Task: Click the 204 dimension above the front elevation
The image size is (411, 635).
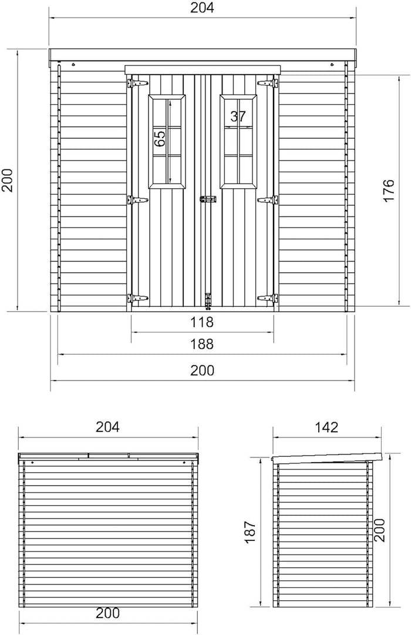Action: coord(202,8)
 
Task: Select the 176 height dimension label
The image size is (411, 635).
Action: coord(388,190)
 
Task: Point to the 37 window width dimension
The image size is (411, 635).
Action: coord(238,116)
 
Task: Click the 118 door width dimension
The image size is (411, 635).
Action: coord(202,322)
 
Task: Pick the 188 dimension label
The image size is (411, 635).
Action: coord(202,344)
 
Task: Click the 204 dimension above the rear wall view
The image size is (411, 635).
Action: coord(107,427)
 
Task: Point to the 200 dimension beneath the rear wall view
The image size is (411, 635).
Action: coord(107,613)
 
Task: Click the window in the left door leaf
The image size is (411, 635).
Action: coord(168,141)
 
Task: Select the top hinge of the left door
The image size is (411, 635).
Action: coord(136,83)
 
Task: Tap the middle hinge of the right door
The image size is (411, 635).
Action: coord(268,200)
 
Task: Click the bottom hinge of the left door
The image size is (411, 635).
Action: coord(136,299)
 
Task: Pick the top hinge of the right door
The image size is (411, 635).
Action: coord(268,83)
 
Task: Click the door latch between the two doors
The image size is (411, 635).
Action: coord(207,200)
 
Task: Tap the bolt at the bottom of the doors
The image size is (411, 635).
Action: coord(207,300)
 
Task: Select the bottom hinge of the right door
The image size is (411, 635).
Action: coord(268,299)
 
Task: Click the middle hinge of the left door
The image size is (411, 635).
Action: coord(136,200)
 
